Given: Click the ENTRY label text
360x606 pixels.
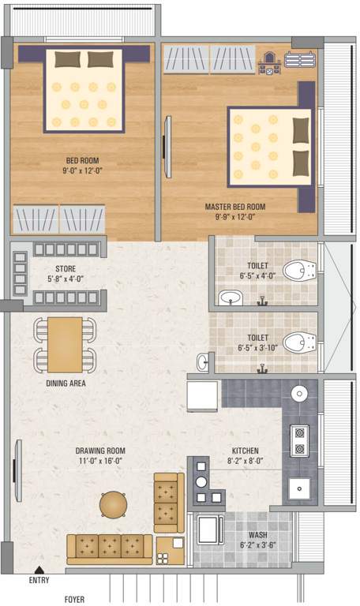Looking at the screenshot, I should [x=38, y=580].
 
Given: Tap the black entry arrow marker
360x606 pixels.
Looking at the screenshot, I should [x=38, y=569].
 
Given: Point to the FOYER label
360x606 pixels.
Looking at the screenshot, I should [x=75, y=599].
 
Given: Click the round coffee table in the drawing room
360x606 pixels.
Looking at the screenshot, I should [x=113, y=503].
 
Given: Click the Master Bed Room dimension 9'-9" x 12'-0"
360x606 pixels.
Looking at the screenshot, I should [x=234, y=217].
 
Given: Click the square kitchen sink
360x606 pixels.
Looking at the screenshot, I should [x=300, y=489].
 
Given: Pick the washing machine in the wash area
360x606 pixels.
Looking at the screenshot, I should [x=210, y=529].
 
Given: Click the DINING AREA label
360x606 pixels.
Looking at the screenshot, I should [x=66, y=383].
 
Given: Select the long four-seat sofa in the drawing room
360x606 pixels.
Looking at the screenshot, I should [x=110, y=545].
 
